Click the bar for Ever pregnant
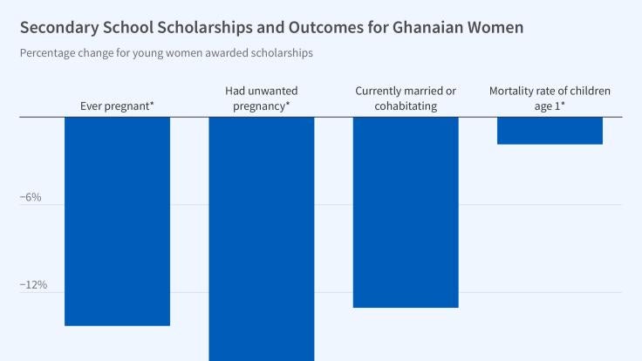pyautogui.click(x=117, y=221)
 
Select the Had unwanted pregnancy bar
pyautogui.click(x=261, y=238)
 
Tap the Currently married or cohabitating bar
pyautogui.click(x=406, y=212)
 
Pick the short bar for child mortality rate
pyautogui.click(x=550, y=130)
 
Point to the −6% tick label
pyautogui.click(x=31, y=197)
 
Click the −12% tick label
pyautogui.click(x=33, y=285)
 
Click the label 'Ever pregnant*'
pyautogui.click(x=117, y=106)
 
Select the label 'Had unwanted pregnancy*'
pyautogui.click(x=261, y=99)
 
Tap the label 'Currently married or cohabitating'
pyautogui.click(x=406, y=99)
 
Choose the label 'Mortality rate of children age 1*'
pyautogui.click(x=550, y=99)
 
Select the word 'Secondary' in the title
pyautogui.click(x=58, y=27)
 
